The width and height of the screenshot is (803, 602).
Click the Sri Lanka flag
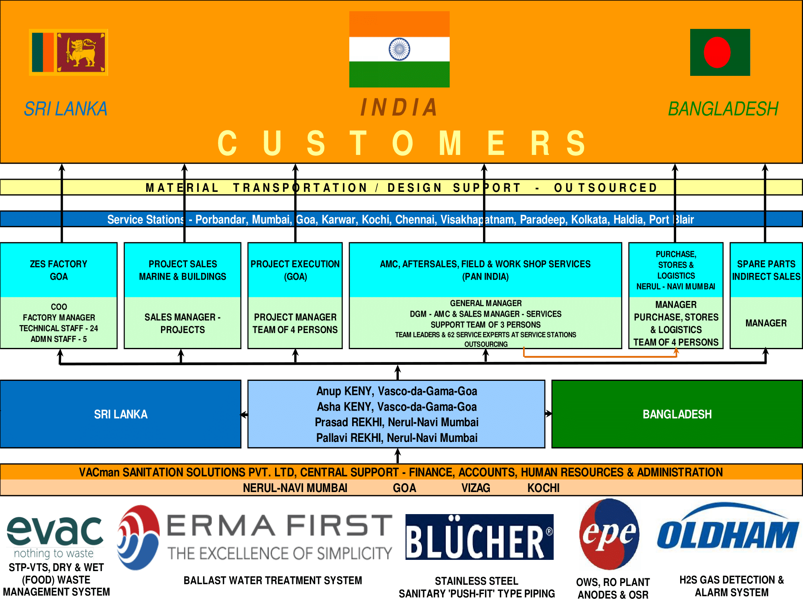pyautogui.click(x=68, y=52)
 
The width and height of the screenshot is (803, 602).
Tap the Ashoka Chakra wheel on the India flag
pyautogui.click(x=399, y=49)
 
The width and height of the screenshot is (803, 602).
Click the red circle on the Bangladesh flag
pyautogui.click(x=717, y=53)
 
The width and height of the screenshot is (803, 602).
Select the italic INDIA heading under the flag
pyautogui.click(x=399, y=108)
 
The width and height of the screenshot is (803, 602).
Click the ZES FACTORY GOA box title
pyautogui.click(x=59, y=270)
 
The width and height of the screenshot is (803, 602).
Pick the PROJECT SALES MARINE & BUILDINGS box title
pyautogui.click(x=183, y=270)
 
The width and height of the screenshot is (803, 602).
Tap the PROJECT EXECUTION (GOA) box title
pyautogui.click(x=295, y=270)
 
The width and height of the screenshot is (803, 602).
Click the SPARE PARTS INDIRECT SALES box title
pyautogui.click(x=766, y=270)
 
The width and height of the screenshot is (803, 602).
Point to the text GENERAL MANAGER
pyautogui.click(x=486, y=303)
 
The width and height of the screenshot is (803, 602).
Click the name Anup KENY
pyautogui.click(x=341, y=391)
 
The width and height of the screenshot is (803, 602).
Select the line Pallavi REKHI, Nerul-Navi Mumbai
pyautogui.click(x=397, y=438)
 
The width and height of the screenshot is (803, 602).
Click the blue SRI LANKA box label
pyautogui.click(x=120, y=414)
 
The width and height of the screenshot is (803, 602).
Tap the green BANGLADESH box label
pyautogui.click(x=677, y=414)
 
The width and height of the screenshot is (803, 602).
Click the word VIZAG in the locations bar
pyautogui.click(x=476, y=488)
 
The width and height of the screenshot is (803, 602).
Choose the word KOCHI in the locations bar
pyautogui.click(x=543, y=488)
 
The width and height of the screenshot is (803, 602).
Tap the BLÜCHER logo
pyautogui.click(x=479, y=537)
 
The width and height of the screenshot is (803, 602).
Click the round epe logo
pyautogui.click(x=609, y=534)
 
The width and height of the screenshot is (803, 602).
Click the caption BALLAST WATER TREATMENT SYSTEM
pyautogui.click(x=273, y=580)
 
